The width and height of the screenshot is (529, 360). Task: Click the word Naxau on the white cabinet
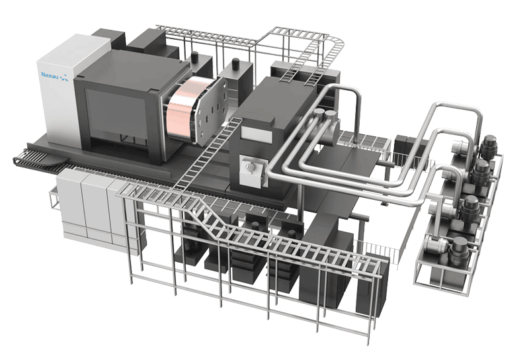pos(50,75)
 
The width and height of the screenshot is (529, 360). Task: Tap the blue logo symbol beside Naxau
pos(64,77)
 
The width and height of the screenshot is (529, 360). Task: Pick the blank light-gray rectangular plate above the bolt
pos(257,134)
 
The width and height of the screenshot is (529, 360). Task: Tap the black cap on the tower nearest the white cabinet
pos(194,56)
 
